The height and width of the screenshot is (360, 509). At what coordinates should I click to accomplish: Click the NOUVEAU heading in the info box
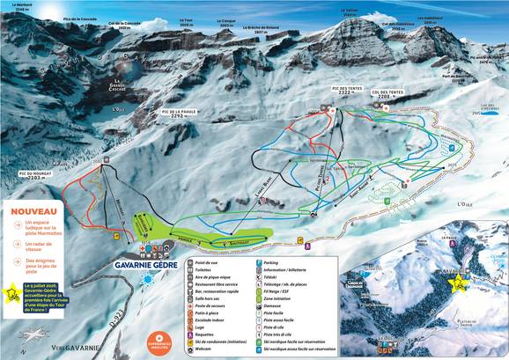(x=36, y=212)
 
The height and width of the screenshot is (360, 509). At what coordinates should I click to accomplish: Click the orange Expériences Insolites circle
(x=159, y=342)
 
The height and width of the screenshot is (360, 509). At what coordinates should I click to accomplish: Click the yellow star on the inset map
(x=457, y=283)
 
